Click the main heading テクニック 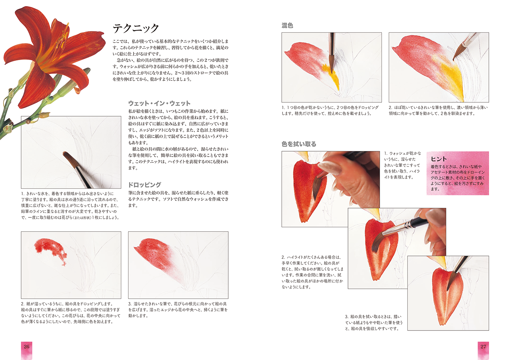tap(136, 28)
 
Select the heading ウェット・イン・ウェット tap(159, 103)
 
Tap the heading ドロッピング tap(145, 184)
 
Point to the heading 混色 tap(287, 26)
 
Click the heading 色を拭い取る tap(299, 144)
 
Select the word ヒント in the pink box tap(438, 159)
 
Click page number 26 tap(27, 347)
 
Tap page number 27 tap(483, 347)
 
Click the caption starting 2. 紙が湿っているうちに tap(71, 312)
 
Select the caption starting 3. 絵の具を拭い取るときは tap(374, 323)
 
